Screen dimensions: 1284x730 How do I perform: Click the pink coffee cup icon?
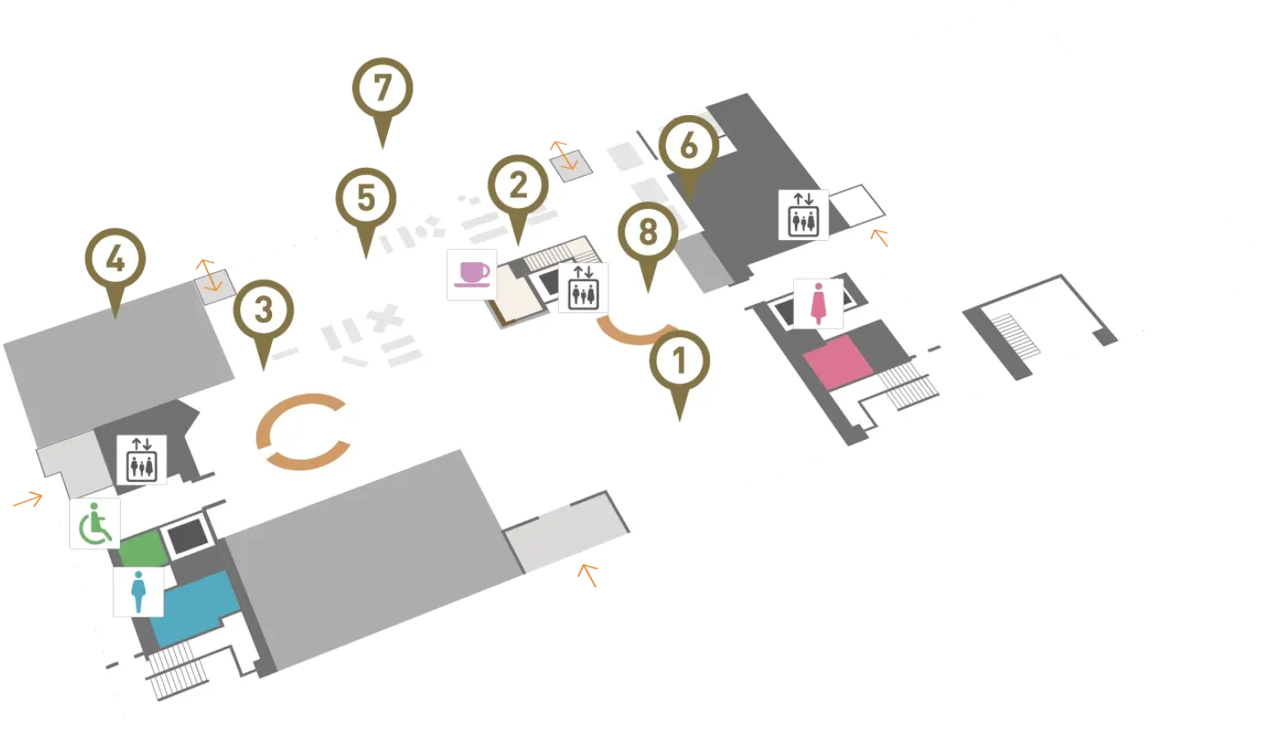pyautogui.click(x=472, y=275)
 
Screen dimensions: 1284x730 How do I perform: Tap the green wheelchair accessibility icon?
pyautogui.click(x=95, y=524)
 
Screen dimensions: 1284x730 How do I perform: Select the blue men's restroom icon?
pyautogui.click(x=138, y=592)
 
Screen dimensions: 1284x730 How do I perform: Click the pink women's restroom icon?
pyautogui.click(x=818, y=304)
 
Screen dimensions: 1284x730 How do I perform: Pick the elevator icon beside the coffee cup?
pyautogui.click(x=583, y=288)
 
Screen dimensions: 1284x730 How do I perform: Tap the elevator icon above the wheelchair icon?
pyautogui.click(x=141, y=460)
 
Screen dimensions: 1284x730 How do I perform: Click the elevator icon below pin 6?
pyautogui.click(x=803, y=215)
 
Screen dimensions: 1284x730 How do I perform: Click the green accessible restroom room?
pyautogui.click(x=143, y=549)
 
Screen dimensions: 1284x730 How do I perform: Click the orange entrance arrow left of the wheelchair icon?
pyautogui.click(x=28, y=500)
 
